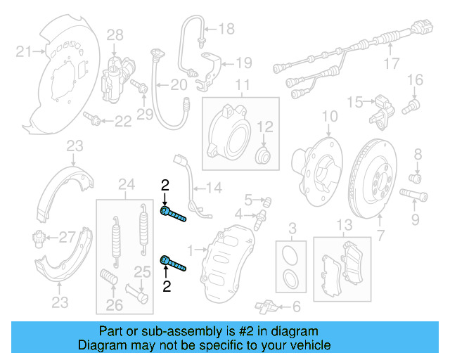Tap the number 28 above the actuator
click(x=115, y=34)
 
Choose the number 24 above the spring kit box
click(x=126, y=185)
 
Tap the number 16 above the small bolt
click(x=414, y=79)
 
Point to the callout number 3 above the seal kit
click(x=293, y=226)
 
